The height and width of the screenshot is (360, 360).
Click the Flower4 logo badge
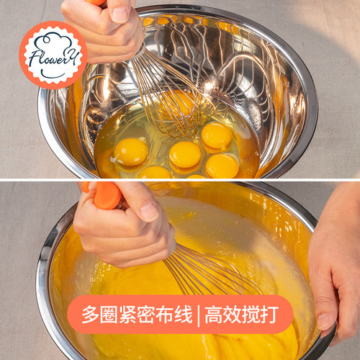53,55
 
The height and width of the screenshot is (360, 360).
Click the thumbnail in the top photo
120,14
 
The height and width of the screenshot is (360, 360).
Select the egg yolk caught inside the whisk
177,103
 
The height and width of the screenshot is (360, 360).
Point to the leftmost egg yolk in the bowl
131,152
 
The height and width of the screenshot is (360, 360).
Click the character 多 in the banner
91,314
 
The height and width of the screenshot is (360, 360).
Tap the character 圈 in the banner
109,314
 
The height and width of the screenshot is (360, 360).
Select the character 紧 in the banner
127,314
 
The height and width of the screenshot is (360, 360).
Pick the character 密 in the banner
146,314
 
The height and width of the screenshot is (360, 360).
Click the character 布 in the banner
165,314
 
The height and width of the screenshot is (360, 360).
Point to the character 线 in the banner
183,314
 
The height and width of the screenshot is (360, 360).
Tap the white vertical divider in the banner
199,315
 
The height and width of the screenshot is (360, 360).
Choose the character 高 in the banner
213,314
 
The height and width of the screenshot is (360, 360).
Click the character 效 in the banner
232,314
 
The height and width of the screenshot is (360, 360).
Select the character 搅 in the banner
251,314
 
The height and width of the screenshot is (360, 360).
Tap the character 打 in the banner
269,314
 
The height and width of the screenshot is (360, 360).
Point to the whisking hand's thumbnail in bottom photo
149,212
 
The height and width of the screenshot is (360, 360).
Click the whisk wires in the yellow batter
211,271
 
